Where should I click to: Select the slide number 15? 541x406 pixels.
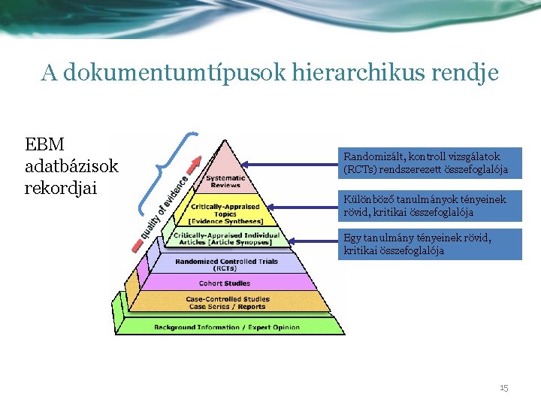pyautogui.click(x=503, y=388)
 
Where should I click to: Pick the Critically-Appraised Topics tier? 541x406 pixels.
pyautogui.click(x=226, y=214)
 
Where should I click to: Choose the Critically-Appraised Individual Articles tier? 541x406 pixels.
pyautogui.click(x=226, y=238)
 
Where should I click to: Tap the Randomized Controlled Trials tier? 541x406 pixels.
pyautogui.click(x=226, y=265)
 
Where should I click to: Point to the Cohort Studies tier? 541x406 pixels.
pyautogui.click(x=225, y=283)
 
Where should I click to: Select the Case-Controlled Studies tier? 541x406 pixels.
pyautogui.click(x=226, y=302)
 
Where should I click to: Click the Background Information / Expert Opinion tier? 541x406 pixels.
pyautogui.click(x=226, y=327)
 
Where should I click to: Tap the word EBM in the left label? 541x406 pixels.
pyautogui.click(x=45, y=144)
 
